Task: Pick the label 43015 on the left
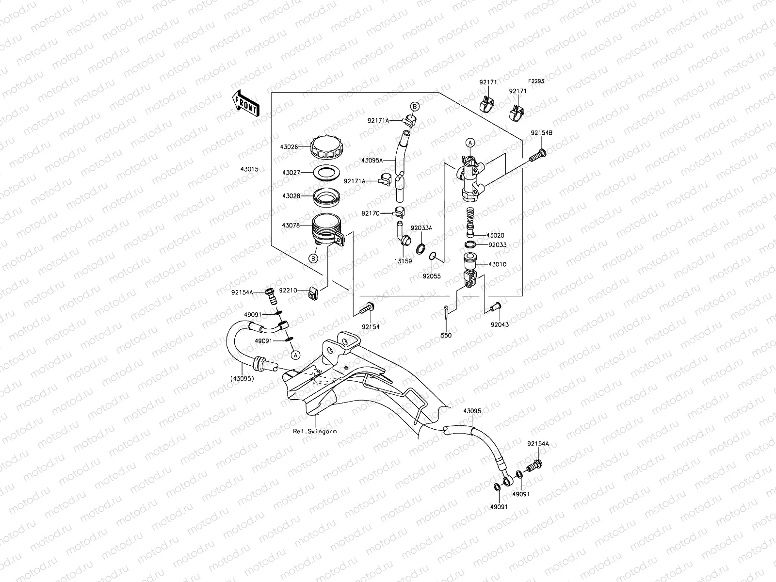click(249, 169)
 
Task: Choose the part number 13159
click(403, 261)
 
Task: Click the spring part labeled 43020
click(469, 221)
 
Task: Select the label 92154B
click(541, 132)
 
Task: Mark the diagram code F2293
click(536, 81)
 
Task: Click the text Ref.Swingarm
click(315, 431)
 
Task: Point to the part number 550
click(446, 335)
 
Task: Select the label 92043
click(499, 324)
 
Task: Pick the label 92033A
click(421, 227)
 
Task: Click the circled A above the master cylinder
click(469, 143)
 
